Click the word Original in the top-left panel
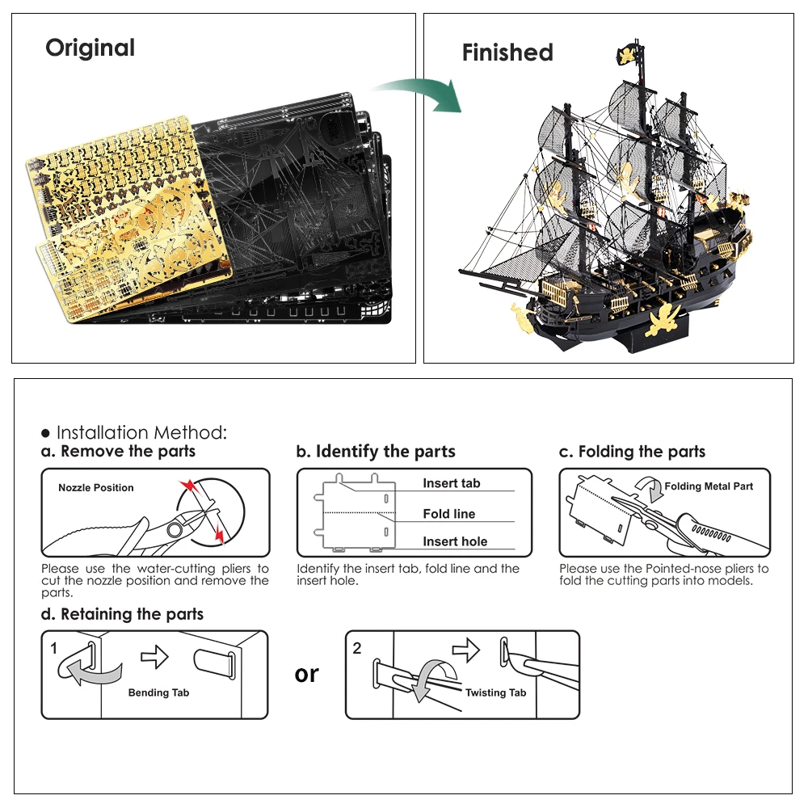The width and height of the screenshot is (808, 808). point(90,48)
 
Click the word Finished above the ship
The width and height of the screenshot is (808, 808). point(507,53)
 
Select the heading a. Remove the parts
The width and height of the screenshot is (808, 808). point(118,451)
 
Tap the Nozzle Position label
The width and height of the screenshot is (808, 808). point(95,487)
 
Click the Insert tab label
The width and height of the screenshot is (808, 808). point(451,483)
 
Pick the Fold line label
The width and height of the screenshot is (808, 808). point(448,514)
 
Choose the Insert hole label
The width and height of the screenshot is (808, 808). point(455,541)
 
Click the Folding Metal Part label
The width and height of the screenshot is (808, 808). point(708,486)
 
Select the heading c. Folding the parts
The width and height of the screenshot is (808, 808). point(632,452)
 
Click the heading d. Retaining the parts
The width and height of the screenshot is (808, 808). point(122,614)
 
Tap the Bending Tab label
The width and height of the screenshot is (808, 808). point(158,692)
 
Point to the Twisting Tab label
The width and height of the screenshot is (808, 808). point(495,692)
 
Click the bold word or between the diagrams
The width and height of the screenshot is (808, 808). point(307,673)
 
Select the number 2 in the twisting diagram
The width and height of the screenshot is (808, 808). point(357,647)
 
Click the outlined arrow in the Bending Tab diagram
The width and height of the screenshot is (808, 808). point(154,658)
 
